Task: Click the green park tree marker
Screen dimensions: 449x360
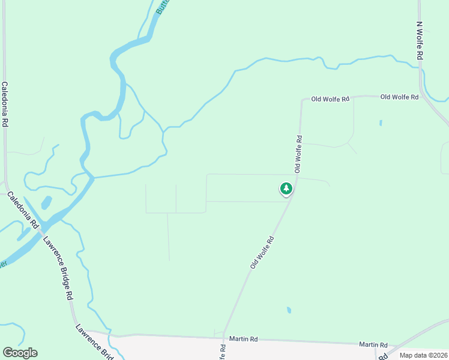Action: pyautogui.click(x=286, y=188)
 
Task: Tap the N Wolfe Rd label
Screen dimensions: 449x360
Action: pyautogui.click(x=420, y=41)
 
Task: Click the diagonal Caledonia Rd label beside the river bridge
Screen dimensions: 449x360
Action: pyautogui.click(x=22, y=210)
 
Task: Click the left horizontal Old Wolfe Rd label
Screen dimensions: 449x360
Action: pyautogui.click(x=330, y=99)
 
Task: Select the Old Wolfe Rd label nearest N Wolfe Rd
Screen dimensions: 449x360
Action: pyautogui.click(x=399, y=97)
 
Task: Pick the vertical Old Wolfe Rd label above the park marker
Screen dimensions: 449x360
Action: pyautogui.click(x=298, y=154)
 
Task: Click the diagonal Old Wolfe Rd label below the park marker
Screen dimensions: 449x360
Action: pyautogui.click(x=262, y=252)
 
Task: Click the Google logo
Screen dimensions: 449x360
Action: pyautogui.click(x=20, y=353)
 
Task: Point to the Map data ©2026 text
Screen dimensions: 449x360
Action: pyautogui.click(x=423, y=355)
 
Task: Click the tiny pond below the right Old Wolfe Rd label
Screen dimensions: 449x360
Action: pyautogui.click(x=381, y=123)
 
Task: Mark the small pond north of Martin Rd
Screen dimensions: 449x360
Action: pyautogui.click(x=289, y=310)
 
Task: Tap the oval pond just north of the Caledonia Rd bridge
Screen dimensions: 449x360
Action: pyautogui.click(x=46, y=202)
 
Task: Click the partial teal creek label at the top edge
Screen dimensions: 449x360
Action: pyautogui.click(x=161, y=6)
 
